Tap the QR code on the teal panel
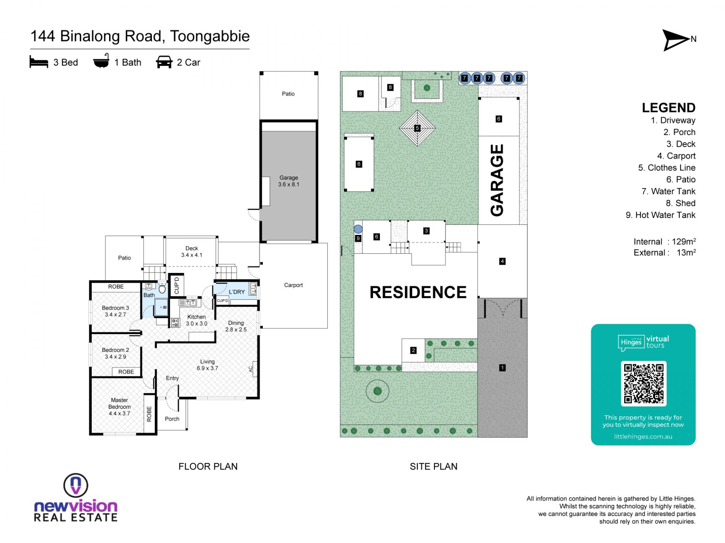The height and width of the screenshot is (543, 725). click(x=643, y=383)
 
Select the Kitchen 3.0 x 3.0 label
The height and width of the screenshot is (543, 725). click(x=196, y=320)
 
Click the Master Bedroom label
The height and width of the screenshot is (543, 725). click(x=119, y=406)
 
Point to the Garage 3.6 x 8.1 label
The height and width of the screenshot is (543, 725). click(x=288, y=181)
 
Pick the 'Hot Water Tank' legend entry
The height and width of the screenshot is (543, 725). click(x=660, y=215)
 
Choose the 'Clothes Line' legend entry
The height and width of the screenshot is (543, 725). click(x=667, y=168)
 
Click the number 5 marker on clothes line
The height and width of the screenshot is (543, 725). click(x=417, y=128)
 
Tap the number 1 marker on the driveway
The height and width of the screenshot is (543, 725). click(x=502, y=368)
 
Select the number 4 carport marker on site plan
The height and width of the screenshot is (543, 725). click(x=502, y=261)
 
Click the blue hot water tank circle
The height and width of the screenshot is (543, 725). click(x=358, y=229)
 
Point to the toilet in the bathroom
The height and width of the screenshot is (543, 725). click(x=162, y=288)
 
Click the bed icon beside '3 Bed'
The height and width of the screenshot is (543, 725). click(x=39, y=62)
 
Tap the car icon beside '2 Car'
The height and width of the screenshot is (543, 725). click(x=164, y=62)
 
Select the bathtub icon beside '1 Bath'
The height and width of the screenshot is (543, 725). click(x=101, y=61)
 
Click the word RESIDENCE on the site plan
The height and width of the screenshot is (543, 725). click(x=418, y=292)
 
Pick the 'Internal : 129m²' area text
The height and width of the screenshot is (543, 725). click(x=665, y=242)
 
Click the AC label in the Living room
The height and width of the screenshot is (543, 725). click(x=250, y=369)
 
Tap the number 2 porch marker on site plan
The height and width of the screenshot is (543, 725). click(x=413, y=350)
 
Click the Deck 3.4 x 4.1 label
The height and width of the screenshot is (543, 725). click(x=192, y=252)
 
